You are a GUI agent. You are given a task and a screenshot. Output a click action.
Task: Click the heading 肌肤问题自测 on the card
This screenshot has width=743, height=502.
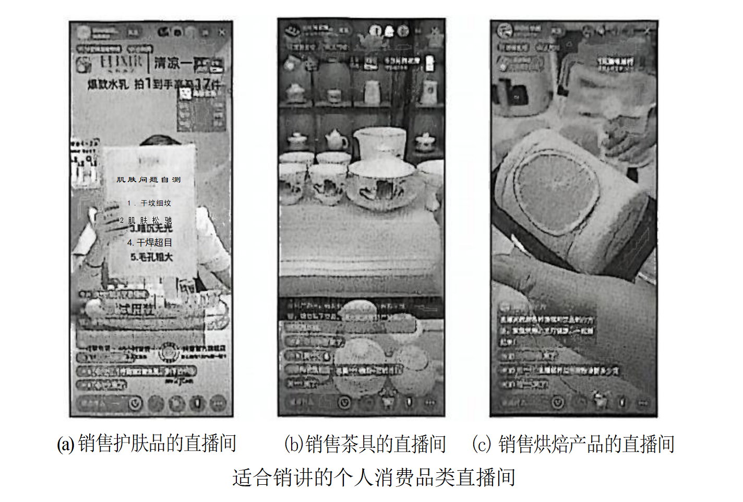click(148, 180)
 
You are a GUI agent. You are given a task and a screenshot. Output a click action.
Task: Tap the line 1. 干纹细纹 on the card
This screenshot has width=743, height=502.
click(149, 203)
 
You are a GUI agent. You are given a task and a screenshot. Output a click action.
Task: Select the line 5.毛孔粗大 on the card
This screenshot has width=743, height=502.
click(151, 257)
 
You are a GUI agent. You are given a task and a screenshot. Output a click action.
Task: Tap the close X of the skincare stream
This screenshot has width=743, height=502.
click(222, 32)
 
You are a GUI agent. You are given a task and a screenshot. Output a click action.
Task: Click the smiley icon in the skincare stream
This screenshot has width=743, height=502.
click(136, 403)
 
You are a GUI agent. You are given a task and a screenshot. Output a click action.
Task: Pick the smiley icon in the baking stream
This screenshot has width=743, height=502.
click(558, 403)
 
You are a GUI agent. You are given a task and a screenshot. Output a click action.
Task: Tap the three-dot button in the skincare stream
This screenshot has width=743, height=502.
click(219, 403)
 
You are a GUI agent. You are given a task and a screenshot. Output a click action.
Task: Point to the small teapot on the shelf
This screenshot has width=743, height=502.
click(336, 140)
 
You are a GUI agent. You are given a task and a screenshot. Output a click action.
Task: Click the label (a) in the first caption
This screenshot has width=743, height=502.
click(65, 444)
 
